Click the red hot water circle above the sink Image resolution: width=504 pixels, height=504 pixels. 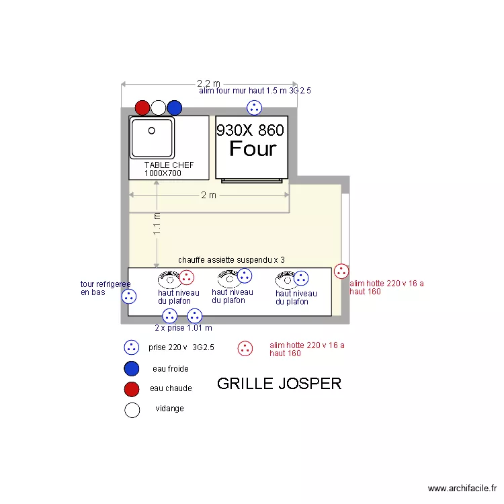click(x=142, y=108)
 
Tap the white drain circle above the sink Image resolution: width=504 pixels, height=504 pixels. click(x=158, y=108)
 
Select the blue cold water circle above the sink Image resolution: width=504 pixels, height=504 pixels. click(x=175, y=108)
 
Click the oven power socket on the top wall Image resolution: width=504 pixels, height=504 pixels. click(x=254, y=108)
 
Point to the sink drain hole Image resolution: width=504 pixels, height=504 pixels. click(x=151, y=130)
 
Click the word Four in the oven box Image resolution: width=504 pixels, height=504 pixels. click(x=253, y=149)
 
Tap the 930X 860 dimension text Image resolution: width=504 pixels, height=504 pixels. click(x=250, y=130)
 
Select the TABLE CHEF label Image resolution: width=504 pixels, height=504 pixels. click(x=169, y=165)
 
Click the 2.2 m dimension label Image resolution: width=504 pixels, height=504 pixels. click(x=208, y=83)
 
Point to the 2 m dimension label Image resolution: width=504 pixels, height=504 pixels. click(x=208, y=195)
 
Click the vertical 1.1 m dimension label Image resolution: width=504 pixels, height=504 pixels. click(x=157, y=224)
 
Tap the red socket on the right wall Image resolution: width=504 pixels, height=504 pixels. click(x=341, y=271)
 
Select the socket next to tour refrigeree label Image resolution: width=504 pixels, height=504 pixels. click(x=129, y=296)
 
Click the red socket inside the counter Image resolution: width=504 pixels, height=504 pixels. click(x=186, y=278)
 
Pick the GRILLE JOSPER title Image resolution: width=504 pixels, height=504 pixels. click(x=280, y=384)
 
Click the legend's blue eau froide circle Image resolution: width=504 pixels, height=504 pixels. click(x=132, y=368)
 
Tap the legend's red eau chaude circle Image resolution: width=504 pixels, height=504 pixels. click(x=132, y=389)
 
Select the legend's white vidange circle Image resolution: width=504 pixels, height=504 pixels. click(x=132, y=410)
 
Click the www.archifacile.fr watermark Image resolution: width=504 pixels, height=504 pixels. click(x=462, y=489)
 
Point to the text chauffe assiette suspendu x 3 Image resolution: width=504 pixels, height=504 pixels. click(x=231, y=259)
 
